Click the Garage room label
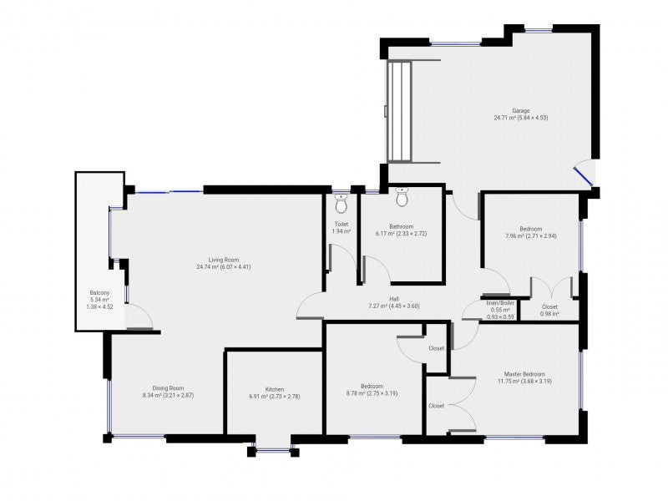pyautogui.click(x=520, y=111)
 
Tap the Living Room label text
pyautogui.click(x=223, y=260)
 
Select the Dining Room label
pyautogui.click(x=169, y=388)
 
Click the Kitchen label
pyautogui.click(x=275, y=389)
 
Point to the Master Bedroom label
pyautogui.click(x=524, y=374)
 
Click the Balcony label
pyautogui.click(x=99, y=293)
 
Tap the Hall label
pyautogui.click(x=394, y=299)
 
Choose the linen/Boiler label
pyautogui.click(x=500, y=303)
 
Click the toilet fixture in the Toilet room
pyautogui.click(x=342, y=204)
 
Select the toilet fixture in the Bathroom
pyautogui.click(x=402, y=197)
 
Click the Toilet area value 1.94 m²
pyautogui.click(x=342, y=231)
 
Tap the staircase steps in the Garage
pyautogui.click(x=400, y=111)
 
